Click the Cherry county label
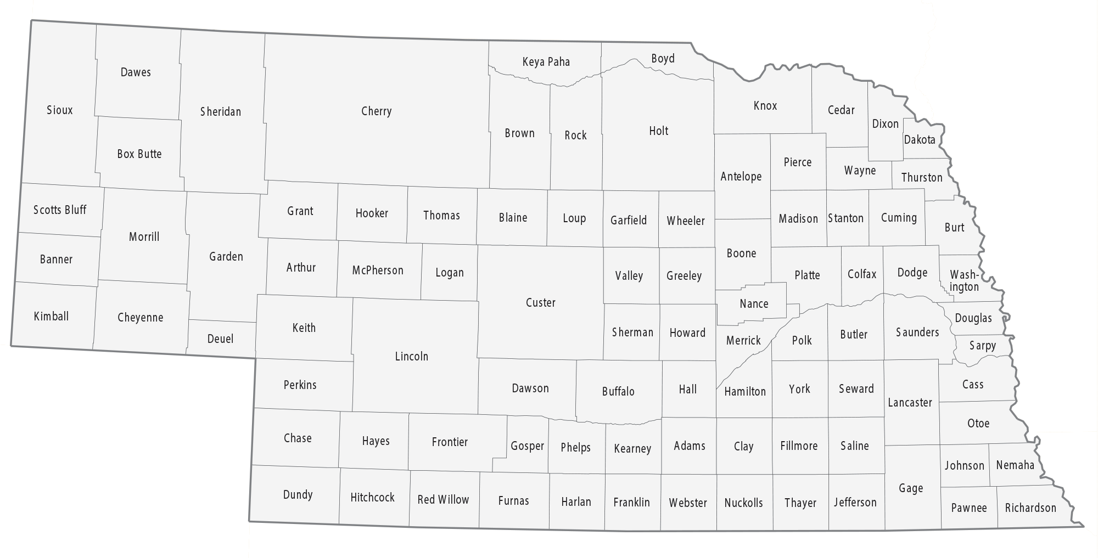click(376, 111)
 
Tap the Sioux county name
click(59, 110)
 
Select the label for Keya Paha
click(546, 62)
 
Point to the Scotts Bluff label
click(60, 210)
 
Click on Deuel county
click(220, 339)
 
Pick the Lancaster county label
click(910, 403)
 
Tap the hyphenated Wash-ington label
click(964, 280)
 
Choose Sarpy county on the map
click(982, 346)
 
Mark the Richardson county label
click(1030, 508)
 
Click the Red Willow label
click(443, 500)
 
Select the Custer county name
click(540, 303)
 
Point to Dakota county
click(920, 140)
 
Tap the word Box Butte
click(139, 154)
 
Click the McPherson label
click(378, 270)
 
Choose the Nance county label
click(754, 304)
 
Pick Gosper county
click(527, 446)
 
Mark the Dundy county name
click(298, 495)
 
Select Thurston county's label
click(921, 178)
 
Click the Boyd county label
click(663, 59)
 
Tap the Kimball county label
click(51, 317)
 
